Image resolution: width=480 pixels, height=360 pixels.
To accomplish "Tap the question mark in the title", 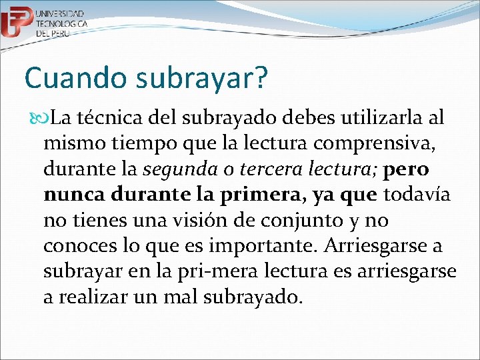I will coord(260,78).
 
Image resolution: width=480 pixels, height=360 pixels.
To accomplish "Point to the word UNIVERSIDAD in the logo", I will coord(60,13).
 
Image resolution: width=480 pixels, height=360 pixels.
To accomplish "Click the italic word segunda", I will coord(175,169).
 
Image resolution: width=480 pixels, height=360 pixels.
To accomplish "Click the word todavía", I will coord(414,195).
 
